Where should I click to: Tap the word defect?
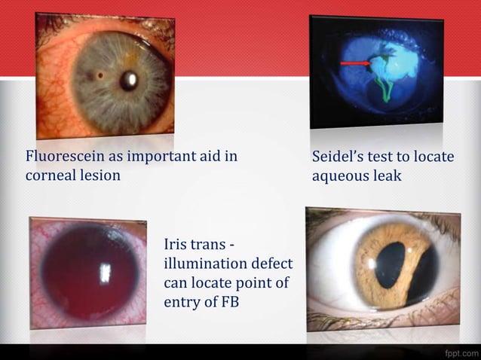pos(273,264)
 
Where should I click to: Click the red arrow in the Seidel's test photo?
pos(354,63)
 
